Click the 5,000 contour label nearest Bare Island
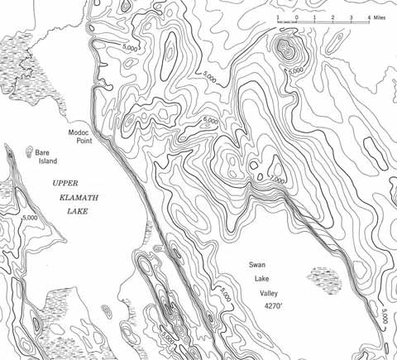[31, 218]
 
